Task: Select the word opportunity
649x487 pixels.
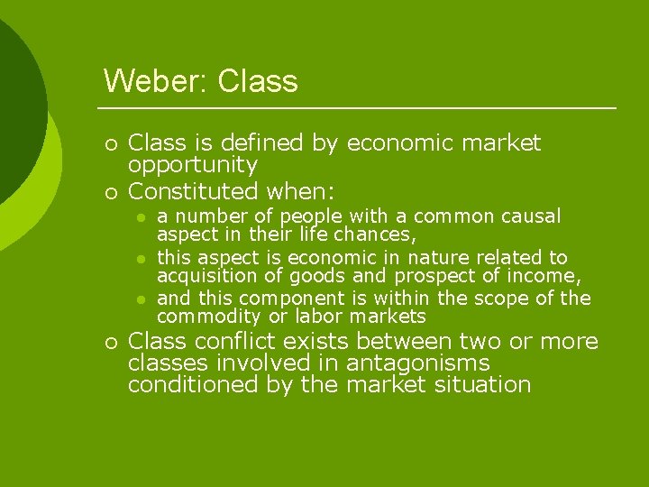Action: (x=193, y=166)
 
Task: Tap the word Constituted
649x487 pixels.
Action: (x=194, y=191)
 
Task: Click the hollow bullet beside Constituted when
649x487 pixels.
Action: (x=110, y=192)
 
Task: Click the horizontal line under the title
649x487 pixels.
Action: (x=361, y=108)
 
